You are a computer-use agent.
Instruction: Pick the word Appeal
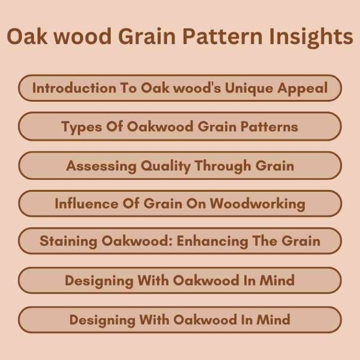pyautogui.click(x=305, y=88)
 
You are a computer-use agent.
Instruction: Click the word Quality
pyautogui.click(x=157, y=165)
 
